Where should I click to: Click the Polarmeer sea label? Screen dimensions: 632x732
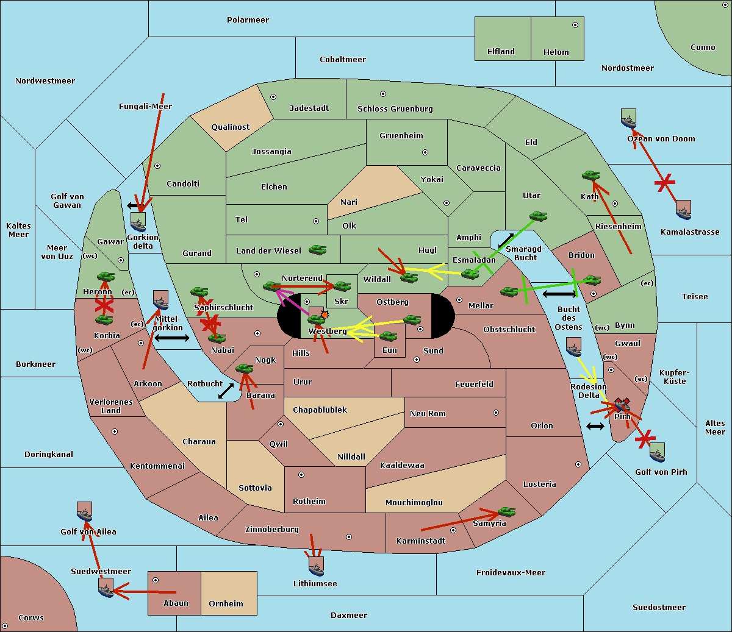(248, 20)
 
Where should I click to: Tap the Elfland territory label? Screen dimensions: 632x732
(501, 52)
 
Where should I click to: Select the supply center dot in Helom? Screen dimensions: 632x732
(575, 25)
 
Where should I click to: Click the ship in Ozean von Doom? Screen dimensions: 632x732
(628, 118)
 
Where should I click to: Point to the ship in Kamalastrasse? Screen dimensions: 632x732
(684, 210)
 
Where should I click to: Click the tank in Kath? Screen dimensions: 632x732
(590, 176)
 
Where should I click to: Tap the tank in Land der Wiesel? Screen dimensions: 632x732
(317, 249)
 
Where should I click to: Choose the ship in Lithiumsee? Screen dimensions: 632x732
(316, 566)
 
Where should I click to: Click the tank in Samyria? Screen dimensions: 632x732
(506, 511)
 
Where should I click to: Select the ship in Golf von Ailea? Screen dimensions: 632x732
(85, 511)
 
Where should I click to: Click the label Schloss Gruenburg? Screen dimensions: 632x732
(395, 109)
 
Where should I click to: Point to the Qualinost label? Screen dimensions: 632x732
(230, 127)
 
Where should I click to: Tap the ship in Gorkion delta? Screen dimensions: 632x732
(138, 221)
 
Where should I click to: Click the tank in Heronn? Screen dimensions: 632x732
(106, 277)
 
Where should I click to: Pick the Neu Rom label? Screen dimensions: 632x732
(428, 414)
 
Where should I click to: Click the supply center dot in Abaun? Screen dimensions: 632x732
(156, 580)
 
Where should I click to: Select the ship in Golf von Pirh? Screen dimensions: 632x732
(657, 452)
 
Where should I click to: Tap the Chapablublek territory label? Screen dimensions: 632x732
(320, 410)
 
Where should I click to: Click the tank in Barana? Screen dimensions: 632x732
(244, 369)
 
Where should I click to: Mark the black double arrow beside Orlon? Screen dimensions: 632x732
(595, 426)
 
